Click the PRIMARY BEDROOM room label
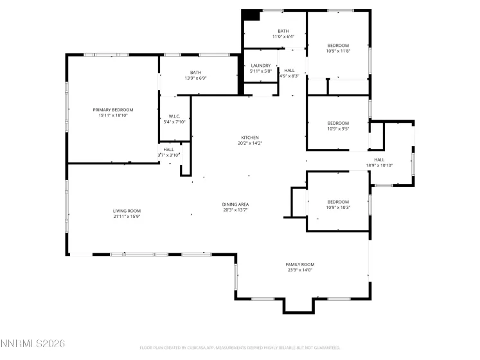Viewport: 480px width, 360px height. (x=113, y=110)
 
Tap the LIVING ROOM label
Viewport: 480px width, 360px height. (x=127, y=211)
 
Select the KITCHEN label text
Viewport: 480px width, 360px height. (x=250, y=138)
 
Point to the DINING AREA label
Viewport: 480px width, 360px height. (x=236, y=204)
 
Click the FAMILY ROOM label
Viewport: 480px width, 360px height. (x=299, y=264)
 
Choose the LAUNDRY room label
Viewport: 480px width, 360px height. (x=260, y=65)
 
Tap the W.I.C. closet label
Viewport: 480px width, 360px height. (x=174, y=116)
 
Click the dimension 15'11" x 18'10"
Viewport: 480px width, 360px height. (x=113, y=116)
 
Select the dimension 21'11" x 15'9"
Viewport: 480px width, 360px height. (x=127, y=217)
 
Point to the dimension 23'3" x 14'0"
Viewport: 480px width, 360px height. (x=299, y=270)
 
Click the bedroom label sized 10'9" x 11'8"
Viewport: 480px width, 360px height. (x=338, y=45)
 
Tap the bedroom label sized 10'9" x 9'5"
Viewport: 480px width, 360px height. (x=338, y=123)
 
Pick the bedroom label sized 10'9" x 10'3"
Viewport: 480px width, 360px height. (x=338, y=201)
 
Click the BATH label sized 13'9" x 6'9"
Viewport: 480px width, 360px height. (x=195, y=73)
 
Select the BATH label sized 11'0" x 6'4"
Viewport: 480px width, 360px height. (x=283, y=31)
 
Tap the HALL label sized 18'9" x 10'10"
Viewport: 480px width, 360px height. (x=379, y=160)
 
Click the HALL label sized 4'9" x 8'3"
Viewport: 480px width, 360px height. (x=290, y=70)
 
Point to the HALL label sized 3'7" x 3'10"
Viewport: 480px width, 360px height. (x=168, y=149)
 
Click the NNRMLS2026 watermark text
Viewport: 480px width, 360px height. (x=33, y=345)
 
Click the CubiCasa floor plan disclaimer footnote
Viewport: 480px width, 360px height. (x=240, y=348)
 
